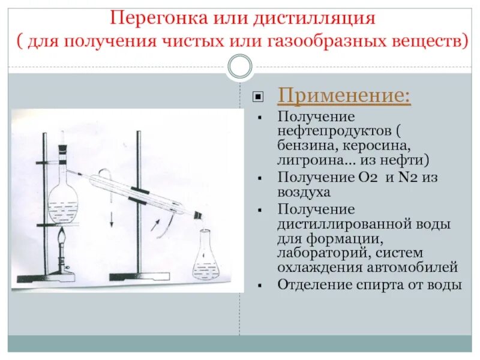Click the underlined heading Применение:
[x=344, y=96]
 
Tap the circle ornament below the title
[x=240, y=67]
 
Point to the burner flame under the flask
[x=62, y=242]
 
